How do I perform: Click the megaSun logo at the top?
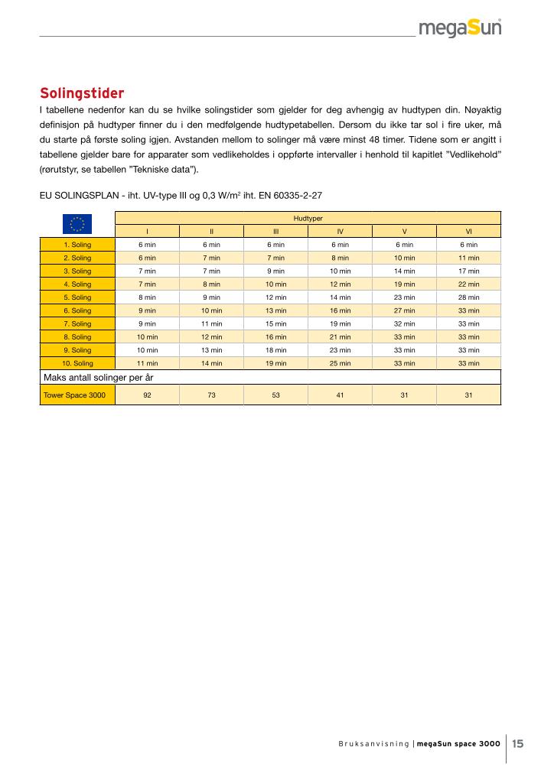coord(460,28)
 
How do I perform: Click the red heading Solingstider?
coord(82,94)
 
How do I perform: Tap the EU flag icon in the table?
coord(77,224)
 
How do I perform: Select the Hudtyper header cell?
coord(308,218)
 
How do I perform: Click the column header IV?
coord(340,231)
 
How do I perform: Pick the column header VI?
coord(468,231)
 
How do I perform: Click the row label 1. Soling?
coord(77,245)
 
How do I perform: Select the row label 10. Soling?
coord(77,363)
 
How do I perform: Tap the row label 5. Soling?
coord(77,297)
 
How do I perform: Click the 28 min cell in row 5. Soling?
coord(468,297)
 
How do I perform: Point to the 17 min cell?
coord(468,271)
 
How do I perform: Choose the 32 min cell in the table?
coord(404,323)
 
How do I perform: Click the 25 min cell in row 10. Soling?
coord(340,363)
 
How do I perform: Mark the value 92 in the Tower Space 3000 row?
coord(147,395)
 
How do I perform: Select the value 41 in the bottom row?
coord(340,395)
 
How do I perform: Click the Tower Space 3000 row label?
coord(77,395)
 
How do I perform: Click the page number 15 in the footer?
coord(518,743)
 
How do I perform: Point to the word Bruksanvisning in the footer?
coord(374,744)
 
